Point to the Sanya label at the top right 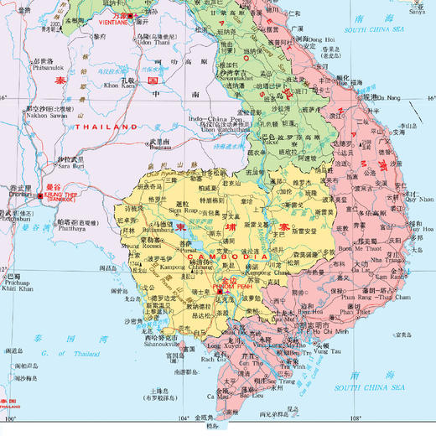point(417,13)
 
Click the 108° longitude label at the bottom point(356,418)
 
